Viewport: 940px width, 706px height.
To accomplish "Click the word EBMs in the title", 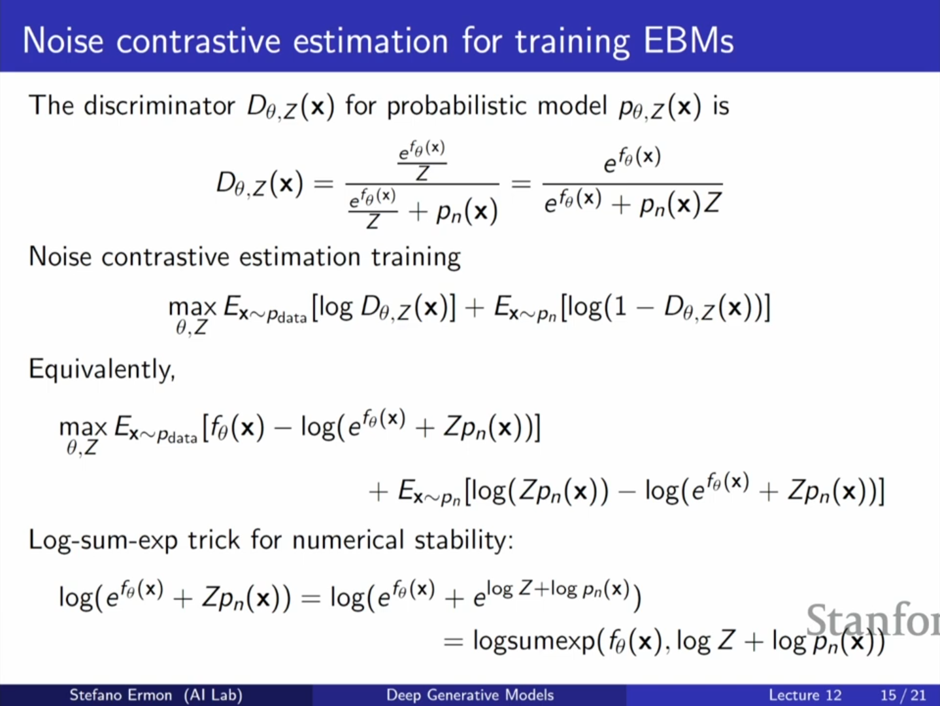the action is tap(688, 41).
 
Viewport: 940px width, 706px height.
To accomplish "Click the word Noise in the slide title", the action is tap(63, 41).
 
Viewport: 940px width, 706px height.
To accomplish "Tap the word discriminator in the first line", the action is tap(159, 105).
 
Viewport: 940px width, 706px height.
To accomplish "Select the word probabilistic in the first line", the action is tap(456, 106).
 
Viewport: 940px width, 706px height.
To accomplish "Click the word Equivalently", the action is tap(102, 369).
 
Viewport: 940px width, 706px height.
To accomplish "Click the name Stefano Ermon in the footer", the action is tap(121, 694).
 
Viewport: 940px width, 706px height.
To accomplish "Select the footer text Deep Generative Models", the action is tap(470, 694).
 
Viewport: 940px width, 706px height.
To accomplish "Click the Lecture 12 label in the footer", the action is tap(805, 695).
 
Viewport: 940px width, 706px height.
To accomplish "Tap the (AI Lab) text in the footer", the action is tap(213, 694).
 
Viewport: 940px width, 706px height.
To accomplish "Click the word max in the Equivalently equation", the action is tap(82, 428).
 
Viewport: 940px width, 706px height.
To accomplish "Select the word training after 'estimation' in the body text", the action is tap(416, 257).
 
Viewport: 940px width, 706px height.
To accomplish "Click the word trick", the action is tap(214, 540).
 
